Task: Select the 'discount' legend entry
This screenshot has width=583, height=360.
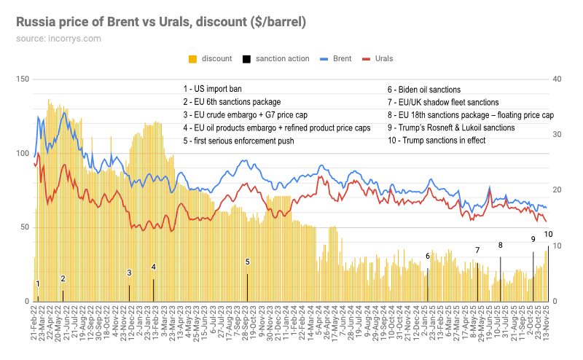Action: click(212, 58)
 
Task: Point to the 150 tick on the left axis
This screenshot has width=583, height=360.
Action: click(22, 79)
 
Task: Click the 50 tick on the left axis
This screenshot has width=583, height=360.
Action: click(24, 227)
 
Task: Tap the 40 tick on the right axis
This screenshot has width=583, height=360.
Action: click(558, 79)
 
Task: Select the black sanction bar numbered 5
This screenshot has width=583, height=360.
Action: click(247, 286)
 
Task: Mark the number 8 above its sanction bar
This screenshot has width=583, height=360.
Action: click(500, 245)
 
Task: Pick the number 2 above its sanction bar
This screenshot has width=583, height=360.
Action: click(63, 278)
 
